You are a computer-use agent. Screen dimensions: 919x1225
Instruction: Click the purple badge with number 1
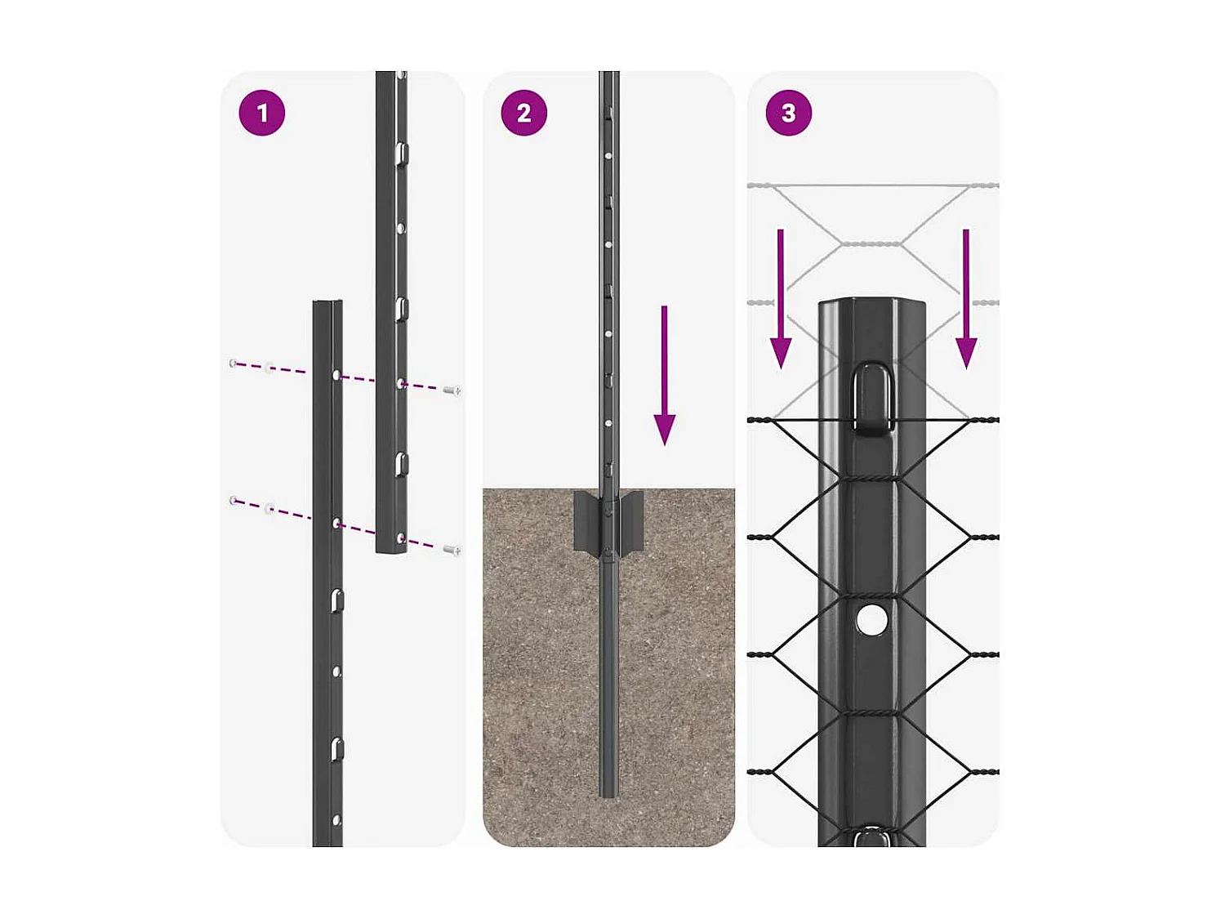tap(261, 113)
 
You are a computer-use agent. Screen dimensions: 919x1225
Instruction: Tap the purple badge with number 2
tap(523, 113)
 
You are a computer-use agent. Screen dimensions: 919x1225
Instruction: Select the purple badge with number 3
tap(788, 113)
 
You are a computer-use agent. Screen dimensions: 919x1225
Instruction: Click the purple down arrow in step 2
tap(665, 376)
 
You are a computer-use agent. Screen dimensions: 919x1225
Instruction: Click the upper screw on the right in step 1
tap(452, 390)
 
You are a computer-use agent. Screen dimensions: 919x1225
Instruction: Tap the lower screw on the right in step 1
tap(452, 550)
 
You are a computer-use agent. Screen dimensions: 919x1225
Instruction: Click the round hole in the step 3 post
tap(871, 621)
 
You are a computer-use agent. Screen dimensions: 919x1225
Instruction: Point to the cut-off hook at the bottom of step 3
tap(871, 836)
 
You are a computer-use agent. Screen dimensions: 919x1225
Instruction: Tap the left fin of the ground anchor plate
tap(586, 520)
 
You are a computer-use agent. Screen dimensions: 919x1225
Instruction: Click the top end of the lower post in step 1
tap(327, 304)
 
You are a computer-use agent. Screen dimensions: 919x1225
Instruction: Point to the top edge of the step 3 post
tap(871, 301)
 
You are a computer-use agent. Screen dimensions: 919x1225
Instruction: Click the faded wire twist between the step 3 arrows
tap(871, 243)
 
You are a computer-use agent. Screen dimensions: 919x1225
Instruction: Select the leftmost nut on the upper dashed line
tap(234, 363)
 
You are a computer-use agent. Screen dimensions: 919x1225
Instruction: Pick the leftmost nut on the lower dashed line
tap(234, 500)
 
